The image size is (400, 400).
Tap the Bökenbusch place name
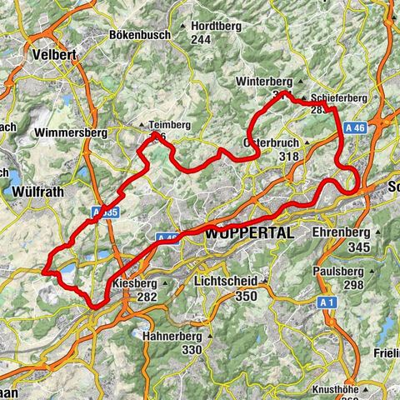tap(139, 35)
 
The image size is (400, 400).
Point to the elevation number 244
tap(200, 39)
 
